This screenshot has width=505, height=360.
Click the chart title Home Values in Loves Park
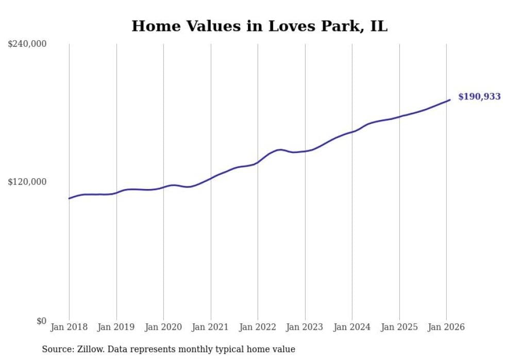259,26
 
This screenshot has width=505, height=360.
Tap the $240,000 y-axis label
27,44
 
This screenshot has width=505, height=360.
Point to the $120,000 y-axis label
27,182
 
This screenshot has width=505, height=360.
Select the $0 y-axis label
41,321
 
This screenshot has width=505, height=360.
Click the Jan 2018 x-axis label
69,327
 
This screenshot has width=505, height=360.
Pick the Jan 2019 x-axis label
116,327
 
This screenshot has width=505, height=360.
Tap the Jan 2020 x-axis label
163,327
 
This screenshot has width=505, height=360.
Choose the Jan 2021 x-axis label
211,327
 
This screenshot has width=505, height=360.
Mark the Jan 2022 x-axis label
258,327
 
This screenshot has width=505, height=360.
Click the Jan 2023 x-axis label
305,327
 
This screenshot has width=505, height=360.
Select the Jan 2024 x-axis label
352,327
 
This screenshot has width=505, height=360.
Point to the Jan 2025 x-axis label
399,327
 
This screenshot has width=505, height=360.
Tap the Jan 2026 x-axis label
446,327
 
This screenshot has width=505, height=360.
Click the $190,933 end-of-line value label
479,97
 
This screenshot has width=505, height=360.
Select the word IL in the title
378,26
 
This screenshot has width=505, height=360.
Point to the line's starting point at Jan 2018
69,198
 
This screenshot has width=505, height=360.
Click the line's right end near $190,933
450,100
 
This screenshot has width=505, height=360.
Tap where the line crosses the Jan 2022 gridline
258,162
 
